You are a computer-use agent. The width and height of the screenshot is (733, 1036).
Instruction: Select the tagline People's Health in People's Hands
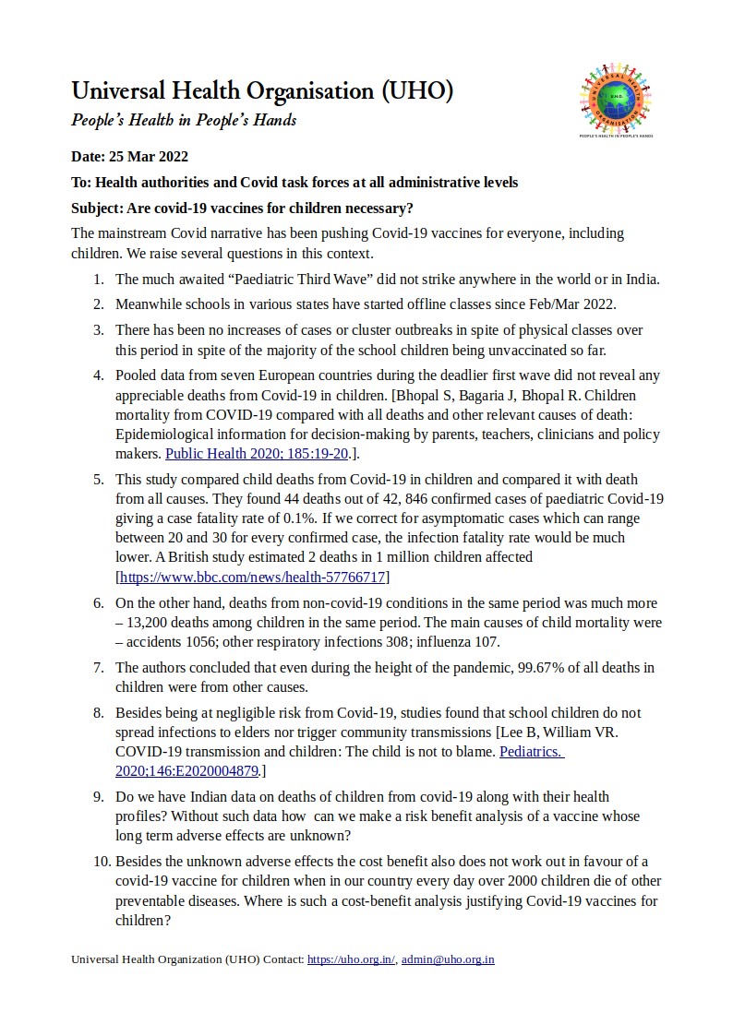[x=184, y=121]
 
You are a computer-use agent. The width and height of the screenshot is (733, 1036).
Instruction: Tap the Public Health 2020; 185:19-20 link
[x=244, y=453]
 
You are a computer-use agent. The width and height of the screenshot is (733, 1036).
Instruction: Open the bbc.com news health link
[x=252, y=578]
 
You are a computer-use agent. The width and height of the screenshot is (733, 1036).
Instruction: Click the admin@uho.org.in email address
[x=448, y=959]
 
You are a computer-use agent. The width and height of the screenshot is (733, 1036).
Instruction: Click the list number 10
[x=98, y=862]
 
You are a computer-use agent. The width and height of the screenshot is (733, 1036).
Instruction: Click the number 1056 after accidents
[x=202, y=642]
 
